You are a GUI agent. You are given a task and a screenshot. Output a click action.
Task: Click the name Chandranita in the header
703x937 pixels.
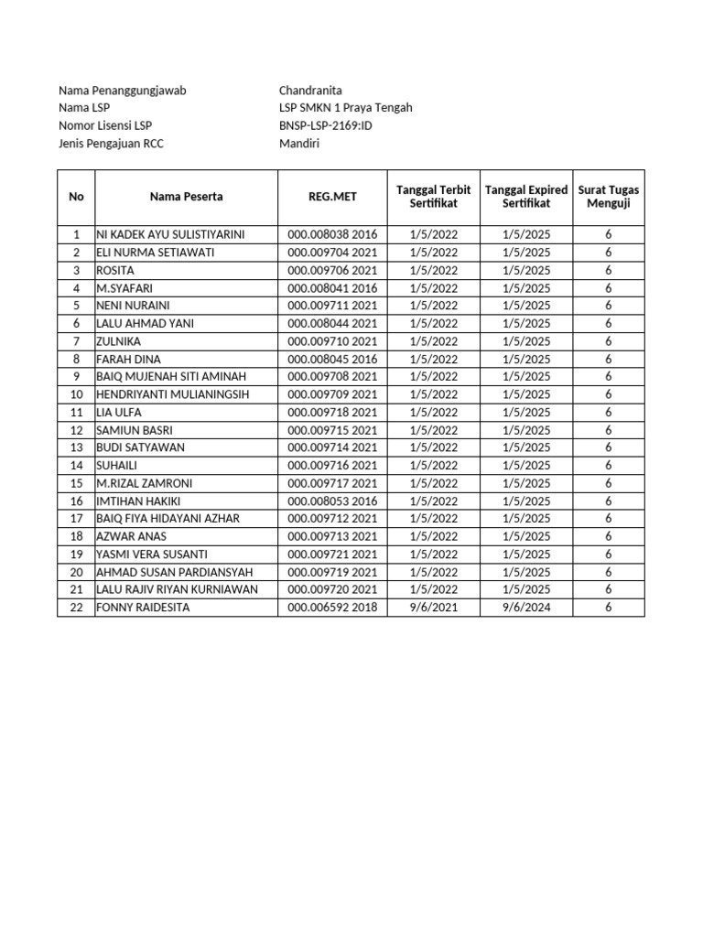point(310,91)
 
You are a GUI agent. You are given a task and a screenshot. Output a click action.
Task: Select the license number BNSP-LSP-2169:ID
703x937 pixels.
point(326,125)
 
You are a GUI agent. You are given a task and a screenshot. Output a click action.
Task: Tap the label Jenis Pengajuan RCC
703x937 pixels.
point(111,144)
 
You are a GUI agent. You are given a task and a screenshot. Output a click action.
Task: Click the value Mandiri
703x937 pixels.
point(299,144)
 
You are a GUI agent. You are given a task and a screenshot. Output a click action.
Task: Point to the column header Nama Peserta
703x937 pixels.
point(187,196)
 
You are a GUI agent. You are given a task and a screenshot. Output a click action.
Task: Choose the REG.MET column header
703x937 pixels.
point(332,196)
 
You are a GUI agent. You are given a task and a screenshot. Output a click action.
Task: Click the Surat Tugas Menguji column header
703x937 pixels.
point(609,196)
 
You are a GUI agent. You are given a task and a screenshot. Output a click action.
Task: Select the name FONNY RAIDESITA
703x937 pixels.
point(143,608)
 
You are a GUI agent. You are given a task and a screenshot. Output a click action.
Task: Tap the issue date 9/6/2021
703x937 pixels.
point(434,608)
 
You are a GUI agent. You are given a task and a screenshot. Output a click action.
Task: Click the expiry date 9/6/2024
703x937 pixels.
point(526,608)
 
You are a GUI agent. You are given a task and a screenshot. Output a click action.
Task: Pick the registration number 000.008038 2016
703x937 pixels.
point(332,235)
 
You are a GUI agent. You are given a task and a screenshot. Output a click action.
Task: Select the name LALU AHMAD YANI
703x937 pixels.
point(145,324)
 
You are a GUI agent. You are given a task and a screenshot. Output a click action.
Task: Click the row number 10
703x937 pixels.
point(76,394)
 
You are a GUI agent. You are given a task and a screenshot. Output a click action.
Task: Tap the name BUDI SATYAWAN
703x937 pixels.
point(140,447)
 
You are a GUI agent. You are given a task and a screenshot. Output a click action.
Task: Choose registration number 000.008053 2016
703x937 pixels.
point(332,501)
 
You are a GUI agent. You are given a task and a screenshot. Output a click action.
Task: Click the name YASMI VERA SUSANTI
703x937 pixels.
point(151,555)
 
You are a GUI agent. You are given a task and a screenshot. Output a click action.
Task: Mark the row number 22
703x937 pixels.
point(76,608)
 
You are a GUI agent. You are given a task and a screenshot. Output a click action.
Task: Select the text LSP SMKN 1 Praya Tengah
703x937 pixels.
point(345,108)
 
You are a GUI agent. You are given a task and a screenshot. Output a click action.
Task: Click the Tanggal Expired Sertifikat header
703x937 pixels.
point(526,196)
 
